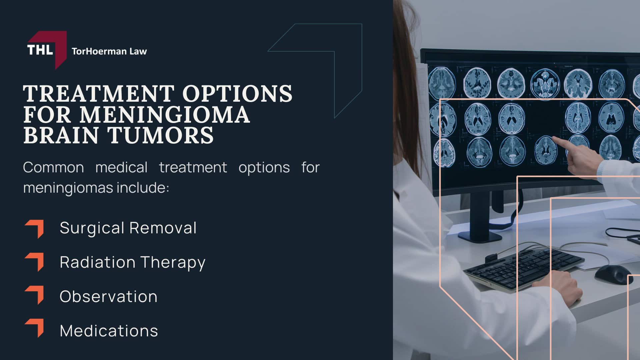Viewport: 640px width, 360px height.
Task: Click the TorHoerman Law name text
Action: [109, 51]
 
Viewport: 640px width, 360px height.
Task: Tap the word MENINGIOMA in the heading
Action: [165, 114]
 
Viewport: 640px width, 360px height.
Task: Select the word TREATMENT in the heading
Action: [99, 93]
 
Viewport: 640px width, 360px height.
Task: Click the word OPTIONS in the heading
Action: [237, 93]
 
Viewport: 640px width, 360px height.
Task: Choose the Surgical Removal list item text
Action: [128, 228]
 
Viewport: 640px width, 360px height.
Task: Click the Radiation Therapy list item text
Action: [133, 262]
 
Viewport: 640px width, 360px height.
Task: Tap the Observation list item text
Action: [108, 296]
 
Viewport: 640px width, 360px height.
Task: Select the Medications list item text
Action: [109, 331]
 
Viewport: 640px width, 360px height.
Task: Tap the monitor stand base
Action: [480, 235]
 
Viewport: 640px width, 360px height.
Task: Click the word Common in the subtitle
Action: [53, 167]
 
